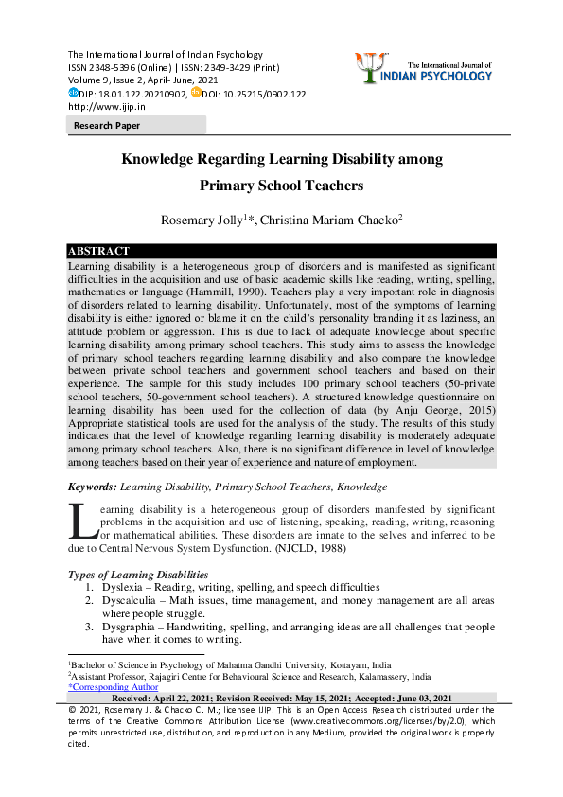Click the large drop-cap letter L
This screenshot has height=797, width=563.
coord(83,522)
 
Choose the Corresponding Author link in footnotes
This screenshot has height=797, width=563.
coord(114,687)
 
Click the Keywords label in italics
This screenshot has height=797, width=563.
coord(92,487)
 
